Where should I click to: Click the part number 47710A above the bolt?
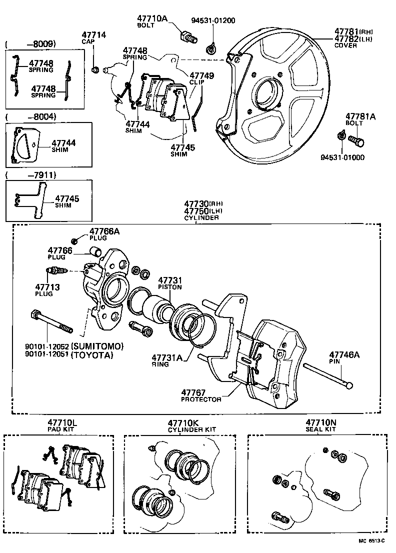(152, 19)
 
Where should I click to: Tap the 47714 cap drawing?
(95, 68)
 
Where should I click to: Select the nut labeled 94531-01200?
(211, 49)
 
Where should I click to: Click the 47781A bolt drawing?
(355, 140)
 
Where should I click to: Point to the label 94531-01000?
(342, 157)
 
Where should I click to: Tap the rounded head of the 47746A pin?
(349, 385)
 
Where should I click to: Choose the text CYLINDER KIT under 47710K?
(191, 429)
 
